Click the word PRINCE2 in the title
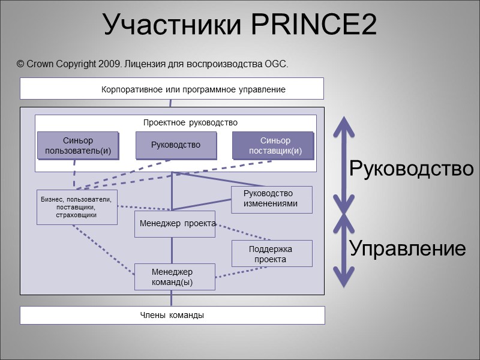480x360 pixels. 313,25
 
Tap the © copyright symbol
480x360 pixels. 20,64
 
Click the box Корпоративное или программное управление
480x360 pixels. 172,89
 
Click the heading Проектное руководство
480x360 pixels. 190,122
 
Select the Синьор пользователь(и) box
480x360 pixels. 78,145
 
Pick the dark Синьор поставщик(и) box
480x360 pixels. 273,145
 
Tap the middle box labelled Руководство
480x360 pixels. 175,145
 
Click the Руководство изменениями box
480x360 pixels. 272,199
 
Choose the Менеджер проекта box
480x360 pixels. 175,223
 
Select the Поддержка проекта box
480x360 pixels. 272,253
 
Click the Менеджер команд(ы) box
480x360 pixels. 175,277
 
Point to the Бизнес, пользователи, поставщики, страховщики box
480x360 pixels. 77,207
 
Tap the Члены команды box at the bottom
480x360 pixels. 172,315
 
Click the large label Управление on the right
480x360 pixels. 407,248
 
